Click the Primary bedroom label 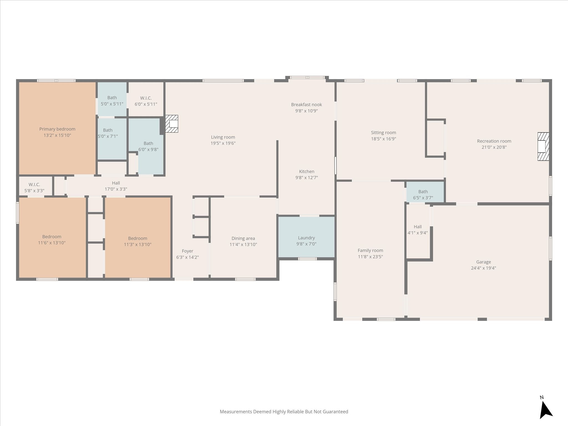tap(57, 129)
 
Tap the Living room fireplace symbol tap(172, 124)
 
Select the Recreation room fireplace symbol tap(543, 146)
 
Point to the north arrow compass tap(546, 410)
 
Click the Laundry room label tap(306, 238)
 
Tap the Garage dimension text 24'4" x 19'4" tap(483, 268)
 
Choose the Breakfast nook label tap(306, 105)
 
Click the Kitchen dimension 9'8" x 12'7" tap(306, 177)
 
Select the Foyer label tap(187, 251)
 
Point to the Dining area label tap(243, 238)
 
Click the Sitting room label tap(384, 133)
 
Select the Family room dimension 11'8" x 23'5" tap(370, 257)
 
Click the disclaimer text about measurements tap(284, 412)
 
